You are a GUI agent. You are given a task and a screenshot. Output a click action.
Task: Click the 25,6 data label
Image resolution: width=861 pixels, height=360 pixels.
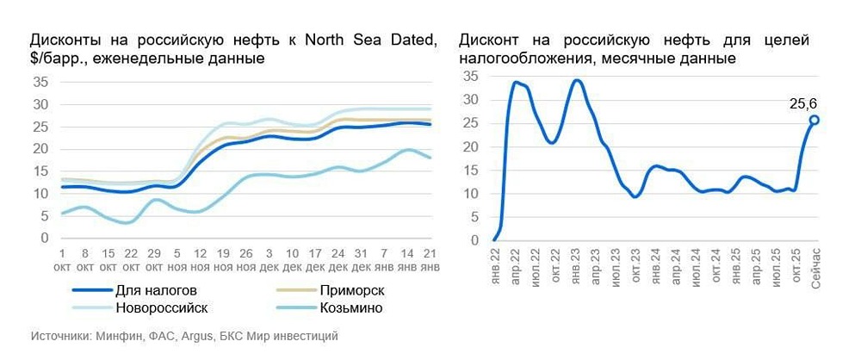point(803,104)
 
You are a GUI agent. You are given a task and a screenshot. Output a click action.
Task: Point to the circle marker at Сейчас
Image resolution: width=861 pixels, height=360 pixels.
point(814,120)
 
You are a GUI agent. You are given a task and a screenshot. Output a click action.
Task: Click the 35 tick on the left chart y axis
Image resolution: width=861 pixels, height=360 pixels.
point(40,83)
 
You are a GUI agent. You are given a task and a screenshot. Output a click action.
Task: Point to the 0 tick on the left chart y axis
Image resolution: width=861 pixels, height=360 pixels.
point(44,238)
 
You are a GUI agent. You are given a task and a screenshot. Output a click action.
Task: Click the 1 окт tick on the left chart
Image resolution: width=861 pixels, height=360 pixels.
point(62,260)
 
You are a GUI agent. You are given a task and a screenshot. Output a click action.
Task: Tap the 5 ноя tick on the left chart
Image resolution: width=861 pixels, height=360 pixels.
point(176,260)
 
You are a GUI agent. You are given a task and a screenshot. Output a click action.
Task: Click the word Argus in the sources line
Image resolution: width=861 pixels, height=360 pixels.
point(195,336)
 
